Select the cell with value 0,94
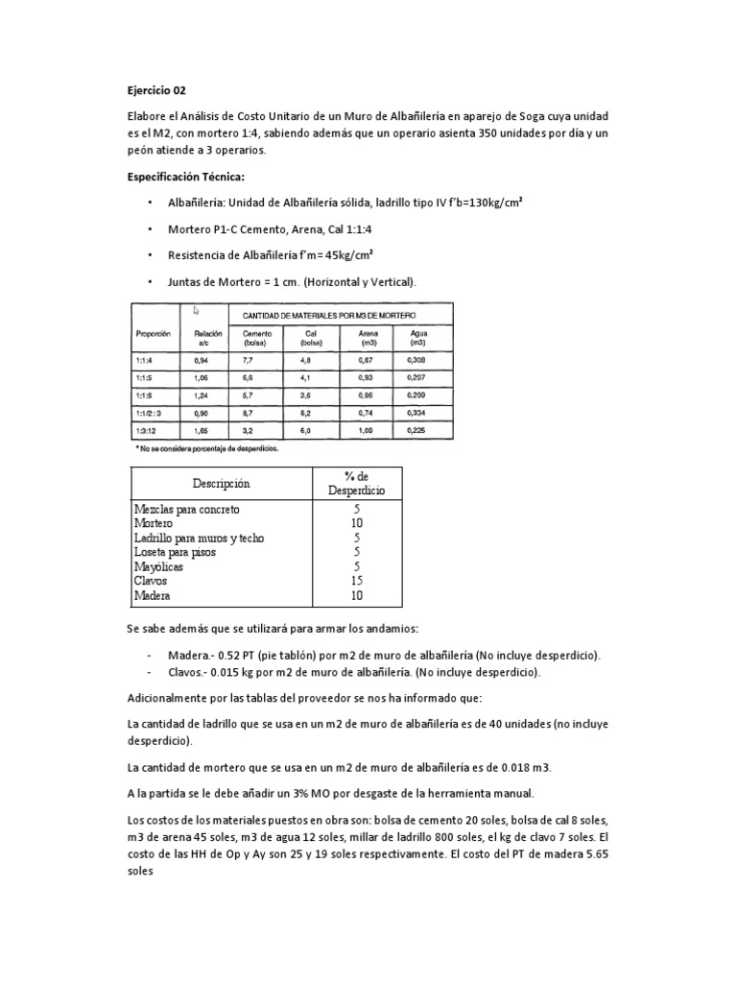click(x=201, y=359)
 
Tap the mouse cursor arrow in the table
click(x=197, y=310)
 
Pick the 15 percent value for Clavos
click(x=356, y=581)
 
